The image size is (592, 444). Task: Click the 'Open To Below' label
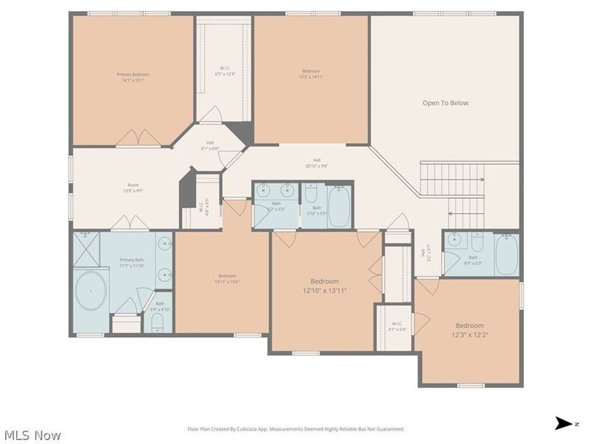point(445,103)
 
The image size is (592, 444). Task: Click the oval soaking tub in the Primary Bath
point(91,292)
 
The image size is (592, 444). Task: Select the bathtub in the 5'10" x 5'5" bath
point(340,206)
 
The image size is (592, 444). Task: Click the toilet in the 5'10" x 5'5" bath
point(312,194)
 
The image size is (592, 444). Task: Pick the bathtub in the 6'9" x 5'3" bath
point(507,255)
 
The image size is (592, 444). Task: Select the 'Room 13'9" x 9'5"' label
point(133,188)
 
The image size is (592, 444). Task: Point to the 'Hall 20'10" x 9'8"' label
point(317,163)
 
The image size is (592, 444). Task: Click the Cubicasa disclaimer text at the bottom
point(296,429)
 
